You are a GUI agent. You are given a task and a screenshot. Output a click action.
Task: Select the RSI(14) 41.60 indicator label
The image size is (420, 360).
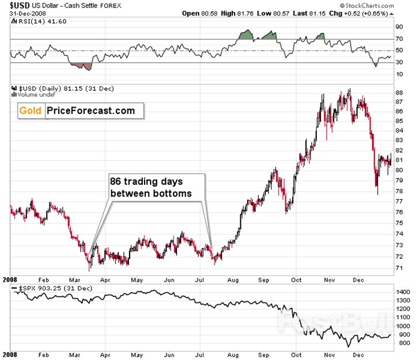click(35, 21)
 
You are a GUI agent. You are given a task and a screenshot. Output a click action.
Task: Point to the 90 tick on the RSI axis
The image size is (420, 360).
click(398, 26)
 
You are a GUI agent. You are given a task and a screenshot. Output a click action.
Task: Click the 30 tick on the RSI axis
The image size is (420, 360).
click(398, 63)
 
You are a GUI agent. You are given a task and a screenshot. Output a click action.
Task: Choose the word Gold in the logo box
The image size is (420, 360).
click(31, 111)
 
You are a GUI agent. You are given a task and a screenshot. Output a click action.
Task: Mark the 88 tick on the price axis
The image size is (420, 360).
click(398, 92)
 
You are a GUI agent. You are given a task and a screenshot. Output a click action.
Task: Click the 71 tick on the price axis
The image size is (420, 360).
click(398, 268)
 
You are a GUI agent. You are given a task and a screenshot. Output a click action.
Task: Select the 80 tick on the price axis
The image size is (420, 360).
click(398, 170)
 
